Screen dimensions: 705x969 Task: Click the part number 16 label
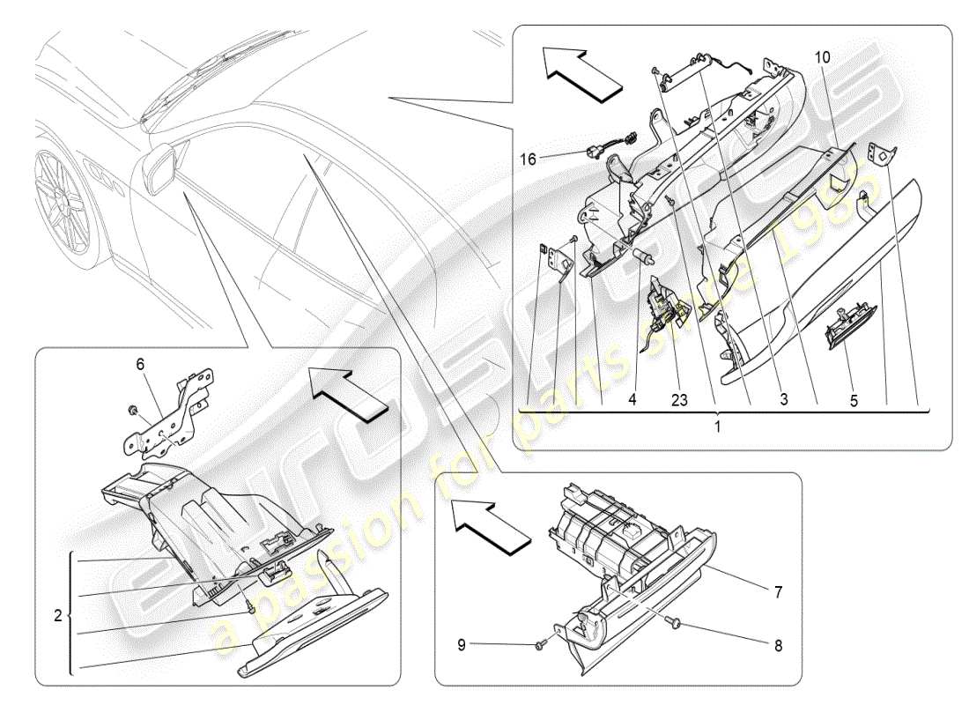[x=528, y=159]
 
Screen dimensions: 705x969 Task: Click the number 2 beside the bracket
[x=57, y=617]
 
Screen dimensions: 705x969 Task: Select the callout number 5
[x=853, y=398]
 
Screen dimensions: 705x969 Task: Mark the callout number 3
[x=783, y=398]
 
